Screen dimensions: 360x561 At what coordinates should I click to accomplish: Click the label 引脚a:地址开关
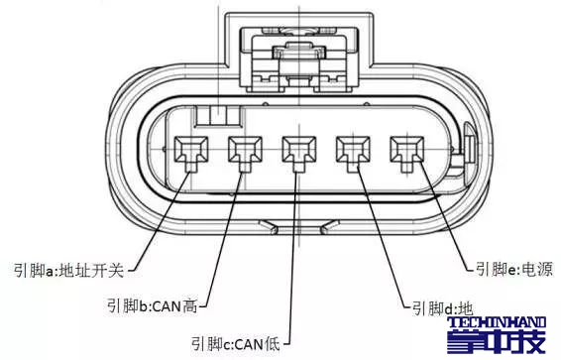70,269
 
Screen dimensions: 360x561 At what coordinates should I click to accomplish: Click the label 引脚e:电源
513,269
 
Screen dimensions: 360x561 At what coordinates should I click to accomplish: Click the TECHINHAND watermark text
503,324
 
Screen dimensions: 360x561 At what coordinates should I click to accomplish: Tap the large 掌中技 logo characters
504,344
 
